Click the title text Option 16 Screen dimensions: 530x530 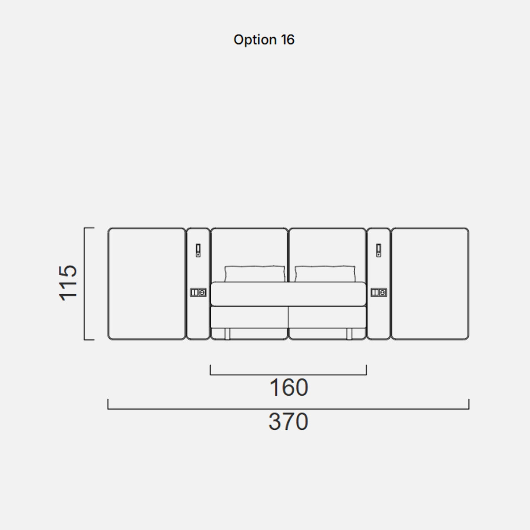[x=264, y=40]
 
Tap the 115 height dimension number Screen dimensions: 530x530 [x=68, y=283]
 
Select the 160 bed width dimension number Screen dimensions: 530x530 [x=288, y=387]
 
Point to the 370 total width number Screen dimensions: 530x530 [x=288, y=422]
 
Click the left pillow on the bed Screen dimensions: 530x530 [x=255, y=274]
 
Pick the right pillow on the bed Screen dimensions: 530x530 [x=325, y=274]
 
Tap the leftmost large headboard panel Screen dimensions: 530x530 [x=147, y=284]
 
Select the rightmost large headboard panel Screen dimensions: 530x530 [x=430, y=284]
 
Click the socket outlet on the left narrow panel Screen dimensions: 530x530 [x=198, y=292]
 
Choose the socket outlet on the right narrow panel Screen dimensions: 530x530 [x=379, y=292]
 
